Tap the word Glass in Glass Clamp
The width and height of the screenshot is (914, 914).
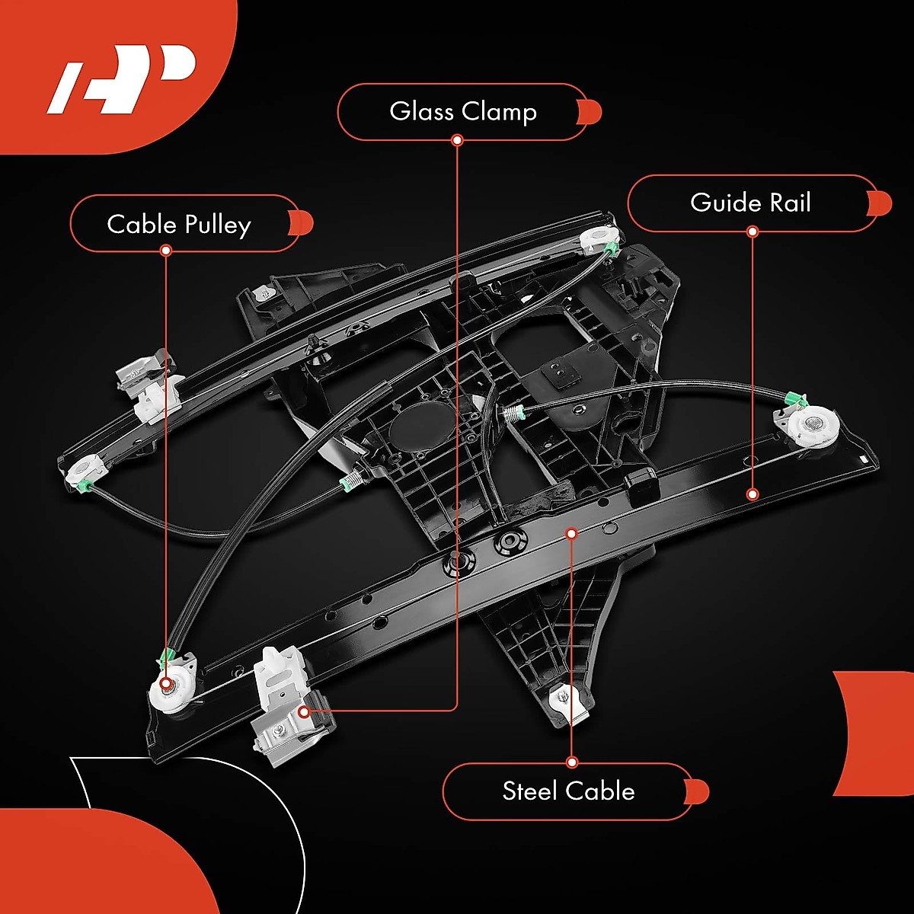tap(421, 111)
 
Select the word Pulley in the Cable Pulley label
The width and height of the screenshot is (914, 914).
tap(218, 225)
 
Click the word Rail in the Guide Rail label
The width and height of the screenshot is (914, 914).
tap(790, 203)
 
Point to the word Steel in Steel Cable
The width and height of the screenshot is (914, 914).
tap(530, 791)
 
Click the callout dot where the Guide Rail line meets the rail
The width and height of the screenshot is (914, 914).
tap(753, 494)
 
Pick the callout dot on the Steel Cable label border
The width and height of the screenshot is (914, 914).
tap(572, 762)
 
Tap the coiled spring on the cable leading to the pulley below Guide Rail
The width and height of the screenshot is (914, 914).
tap(514, 414)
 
